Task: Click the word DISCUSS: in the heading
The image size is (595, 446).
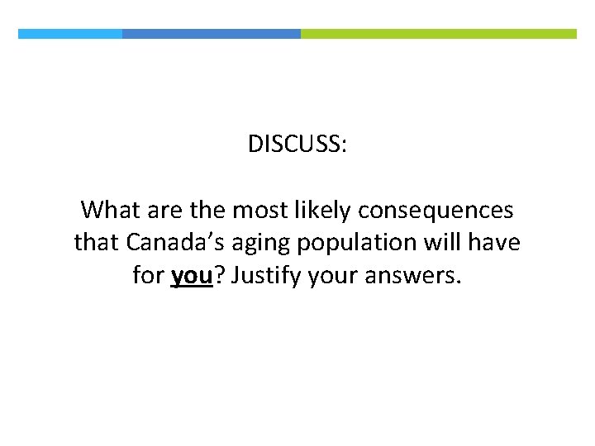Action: click(297, 145)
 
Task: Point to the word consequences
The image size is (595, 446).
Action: click(436, 211)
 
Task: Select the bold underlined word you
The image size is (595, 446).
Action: click(193, 276)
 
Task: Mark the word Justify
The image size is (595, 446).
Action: click(266, 276)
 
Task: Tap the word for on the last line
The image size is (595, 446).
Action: click(148, 276)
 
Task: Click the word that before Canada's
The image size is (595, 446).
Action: click(98, 243)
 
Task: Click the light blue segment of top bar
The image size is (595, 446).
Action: click(70, 34)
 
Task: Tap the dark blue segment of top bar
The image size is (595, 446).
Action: click(212, 34)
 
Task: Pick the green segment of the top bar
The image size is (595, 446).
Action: click(439, 34)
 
